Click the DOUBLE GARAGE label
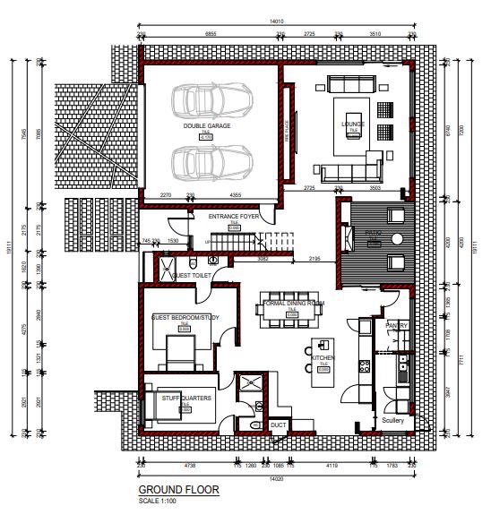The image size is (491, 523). [207, 126]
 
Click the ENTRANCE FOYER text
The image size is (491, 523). [234, 217]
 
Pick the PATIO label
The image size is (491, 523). [375, 232]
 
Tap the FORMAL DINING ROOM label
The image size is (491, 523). [294, 304]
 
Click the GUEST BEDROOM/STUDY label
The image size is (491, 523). [185, 318]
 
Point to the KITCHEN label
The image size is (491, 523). [323, 356]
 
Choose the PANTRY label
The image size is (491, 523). [397, 325]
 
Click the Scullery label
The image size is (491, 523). [393, 420]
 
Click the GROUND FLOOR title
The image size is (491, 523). [178, 491]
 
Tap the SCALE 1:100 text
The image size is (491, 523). [158, 500]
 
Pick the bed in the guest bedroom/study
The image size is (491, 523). [183, 350]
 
